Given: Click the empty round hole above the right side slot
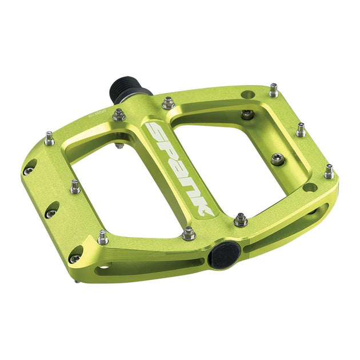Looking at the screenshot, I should tap(309, 187).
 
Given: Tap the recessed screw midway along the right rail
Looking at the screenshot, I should tap(277, 158).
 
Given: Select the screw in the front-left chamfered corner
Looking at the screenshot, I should tap(75, 258).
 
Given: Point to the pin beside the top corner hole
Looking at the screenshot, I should tap(274, 90).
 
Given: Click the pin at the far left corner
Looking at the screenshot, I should tap(49, 138).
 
